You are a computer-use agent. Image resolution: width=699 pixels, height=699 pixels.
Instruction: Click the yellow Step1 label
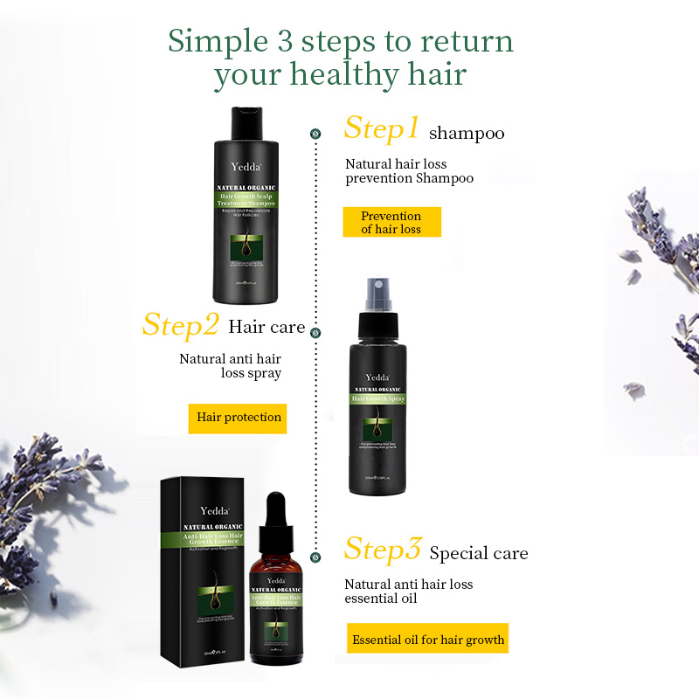point(382,128)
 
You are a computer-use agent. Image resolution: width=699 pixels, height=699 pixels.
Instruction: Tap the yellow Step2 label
point(180,325)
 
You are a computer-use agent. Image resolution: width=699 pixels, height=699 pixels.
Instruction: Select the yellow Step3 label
point(383,550)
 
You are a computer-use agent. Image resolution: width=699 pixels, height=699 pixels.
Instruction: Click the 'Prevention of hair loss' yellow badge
point(391,222)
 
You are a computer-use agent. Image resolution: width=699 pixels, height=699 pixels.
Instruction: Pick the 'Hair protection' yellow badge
point(239,418)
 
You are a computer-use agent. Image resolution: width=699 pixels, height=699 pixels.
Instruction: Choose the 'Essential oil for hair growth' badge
point(428,640)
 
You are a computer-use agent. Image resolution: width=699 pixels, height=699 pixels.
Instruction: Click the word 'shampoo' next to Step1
point(467,134)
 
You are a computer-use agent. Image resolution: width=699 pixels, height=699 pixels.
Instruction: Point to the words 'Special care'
point(479,554)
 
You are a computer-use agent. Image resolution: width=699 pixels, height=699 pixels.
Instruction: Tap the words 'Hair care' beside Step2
point(266,328)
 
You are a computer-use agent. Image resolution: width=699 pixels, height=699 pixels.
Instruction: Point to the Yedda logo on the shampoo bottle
point(246,165)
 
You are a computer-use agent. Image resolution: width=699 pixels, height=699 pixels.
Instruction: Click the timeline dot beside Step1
point(315,134)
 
